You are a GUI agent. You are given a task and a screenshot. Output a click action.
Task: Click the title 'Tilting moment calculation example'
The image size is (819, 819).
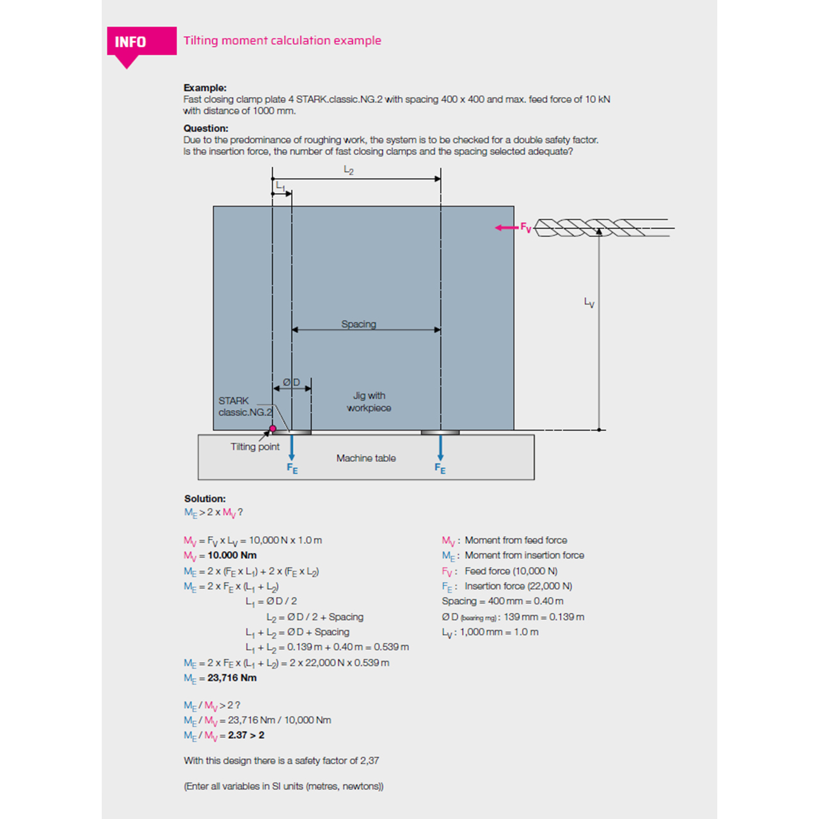point(282,40)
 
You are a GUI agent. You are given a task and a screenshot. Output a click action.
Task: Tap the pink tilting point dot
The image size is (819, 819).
point(273,429)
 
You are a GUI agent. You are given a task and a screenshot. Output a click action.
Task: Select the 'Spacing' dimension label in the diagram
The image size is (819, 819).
point(358,324)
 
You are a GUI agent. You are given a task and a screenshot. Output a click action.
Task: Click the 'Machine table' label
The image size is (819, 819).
point(366,458)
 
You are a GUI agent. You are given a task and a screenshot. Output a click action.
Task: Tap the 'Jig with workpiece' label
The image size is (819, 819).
point(369,402)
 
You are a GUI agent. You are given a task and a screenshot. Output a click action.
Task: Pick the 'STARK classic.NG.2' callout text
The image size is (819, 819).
point(245,406)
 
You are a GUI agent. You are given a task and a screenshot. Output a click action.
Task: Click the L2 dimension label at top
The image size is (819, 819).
point(349,170)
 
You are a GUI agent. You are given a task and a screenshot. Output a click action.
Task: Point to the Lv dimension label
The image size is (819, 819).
point(589,302)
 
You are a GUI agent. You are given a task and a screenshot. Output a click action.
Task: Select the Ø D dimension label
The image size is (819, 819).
point(292,382)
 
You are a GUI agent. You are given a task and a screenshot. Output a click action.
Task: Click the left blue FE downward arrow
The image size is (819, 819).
point(292,447)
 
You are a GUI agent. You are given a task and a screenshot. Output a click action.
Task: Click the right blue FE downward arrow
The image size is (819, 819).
point(440,447)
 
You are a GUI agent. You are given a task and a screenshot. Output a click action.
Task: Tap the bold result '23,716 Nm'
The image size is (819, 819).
point(232,678)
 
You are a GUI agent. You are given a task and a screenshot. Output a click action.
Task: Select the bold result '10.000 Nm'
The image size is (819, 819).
point(232,555)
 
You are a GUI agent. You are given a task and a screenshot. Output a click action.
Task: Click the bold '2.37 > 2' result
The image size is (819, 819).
point(246,735)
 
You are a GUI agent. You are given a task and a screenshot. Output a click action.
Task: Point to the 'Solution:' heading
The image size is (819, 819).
point(205,498)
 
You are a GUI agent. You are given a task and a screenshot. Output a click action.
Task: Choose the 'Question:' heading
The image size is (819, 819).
point(205,128)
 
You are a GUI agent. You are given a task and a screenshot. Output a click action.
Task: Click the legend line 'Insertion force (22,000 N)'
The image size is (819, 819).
point(518,586)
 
